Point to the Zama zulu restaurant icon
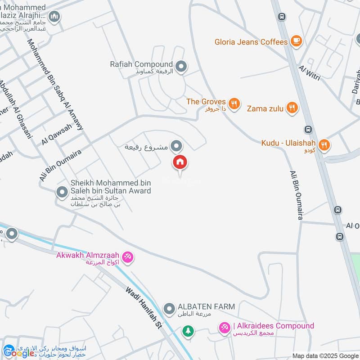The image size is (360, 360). (292, 108)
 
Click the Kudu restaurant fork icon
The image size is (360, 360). (324, 145)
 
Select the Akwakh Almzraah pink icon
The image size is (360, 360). (128, 257)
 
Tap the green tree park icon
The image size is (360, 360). (188, 331)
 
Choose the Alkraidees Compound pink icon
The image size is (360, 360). (224, 328)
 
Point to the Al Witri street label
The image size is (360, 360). (309, 73)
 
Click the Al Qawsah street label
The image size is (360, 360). (56, 134)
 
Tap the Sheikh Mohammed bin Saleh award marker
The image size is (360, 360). (62, 193)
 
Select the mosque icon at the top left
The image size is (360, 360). (54, 17)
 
